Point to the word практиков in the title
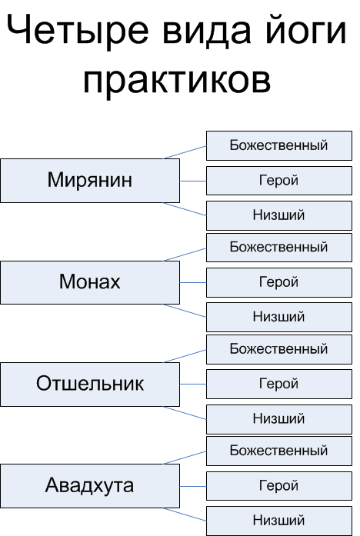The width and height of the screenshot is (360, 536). [x=177, y=81]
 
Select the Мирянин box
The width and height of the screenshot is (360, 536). [x=90, y=181]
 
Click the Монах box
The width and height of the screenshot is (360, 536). [x=90, y=282]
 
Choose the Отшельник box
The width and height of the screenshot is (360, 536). [x=90, y=385]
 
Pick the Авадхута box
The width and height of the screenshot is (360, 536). [x=90, y=486]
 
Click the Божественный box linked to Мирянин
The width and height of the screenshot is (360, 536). [x=279, y=145]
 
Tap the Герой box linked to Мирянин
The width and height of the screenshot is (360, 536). [x=279, y=181]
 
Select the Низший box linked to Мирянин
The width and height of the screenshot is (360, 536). [x=279, y=215]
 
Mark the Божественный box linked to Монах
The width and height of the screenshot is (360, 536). [x=279, y=248]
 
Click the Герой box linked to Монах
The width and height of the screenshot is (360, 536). [x=279, y=282]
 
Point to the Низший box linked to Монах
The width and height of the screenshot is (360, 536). [x=279, y=317]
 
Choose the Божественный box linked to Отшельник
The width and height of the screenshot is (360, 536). [x=279, y=349]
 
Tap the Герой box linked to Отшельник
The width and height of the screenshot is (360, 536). [x=279, y=384]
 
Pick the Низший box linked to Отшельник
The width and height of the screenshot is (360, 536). [x=279, y=419]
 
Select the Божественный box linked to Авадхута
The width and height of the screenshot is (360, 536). [x=279, y=451]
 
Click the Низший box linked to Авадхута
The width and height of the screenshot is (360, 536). [x=279, y=521]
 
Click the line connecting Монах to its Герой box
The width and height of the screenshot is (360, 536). [x=193, y=283]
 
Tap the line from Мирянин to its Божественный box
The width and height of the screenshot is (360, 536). [x=185, y=152]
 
